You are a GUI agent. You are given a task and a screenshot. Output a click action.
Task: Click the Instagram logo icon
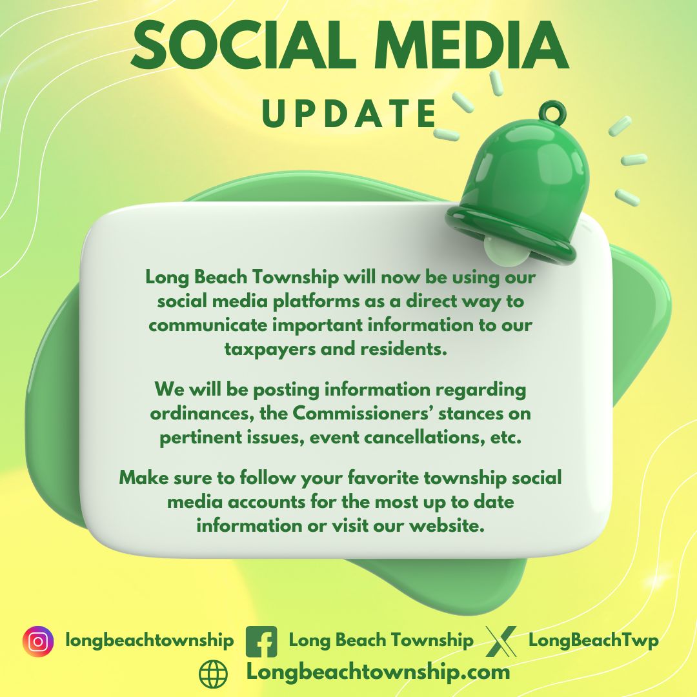[38, 641]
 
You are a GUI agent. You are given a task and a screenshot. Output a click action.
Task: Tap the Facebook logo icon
[261, 641]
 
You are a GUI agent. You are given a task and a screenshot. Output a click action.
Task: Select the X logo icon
[501, 641]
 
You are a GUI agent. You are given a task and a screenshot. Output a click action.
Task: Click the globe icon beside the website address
[214, 674]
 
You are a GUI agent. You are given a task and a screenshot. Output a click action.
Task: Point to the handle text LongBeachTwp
[593, 641]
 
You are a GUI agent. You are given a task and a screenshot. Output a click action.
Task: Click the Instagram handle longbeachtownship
[150, 641]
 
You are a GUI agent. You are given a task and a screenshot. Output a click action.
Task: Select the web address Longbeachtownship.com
[378, 672]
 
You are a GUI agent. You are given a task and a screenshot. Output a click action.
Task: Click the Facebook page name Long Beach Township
[381, 641]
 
